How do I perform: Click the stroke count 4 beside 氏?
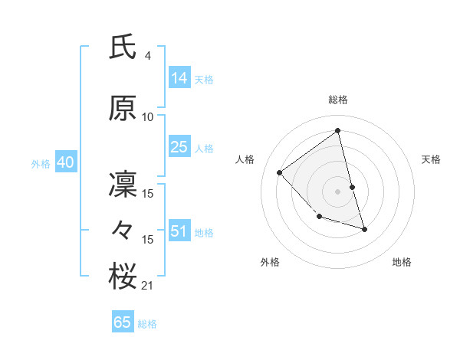[147, 56]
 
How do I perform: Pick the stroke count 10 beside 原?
[148, 117]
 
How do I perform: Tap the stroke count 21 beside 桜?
[148, 286]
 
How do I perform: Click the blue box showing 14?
[179, 77]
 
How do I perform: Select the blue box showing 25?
[179, 147]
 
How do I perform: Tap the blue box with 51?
[179, 231]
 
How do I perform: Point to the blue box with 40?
[64, 162]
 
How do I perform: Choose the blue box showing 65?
[123, 322]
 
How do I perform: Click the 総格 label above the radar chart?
[338, 100]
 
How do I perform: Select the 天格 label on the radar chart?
[431, 159]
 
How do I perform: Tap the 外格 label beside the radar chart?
[270, 262]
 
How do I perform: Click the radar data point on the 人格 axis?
[280, 172]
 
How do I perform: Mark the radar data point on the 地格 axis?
[365, 229]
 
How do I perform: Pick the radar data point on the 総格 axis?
[338, 130]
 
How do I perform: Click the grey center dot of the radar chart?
[338, 191]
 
